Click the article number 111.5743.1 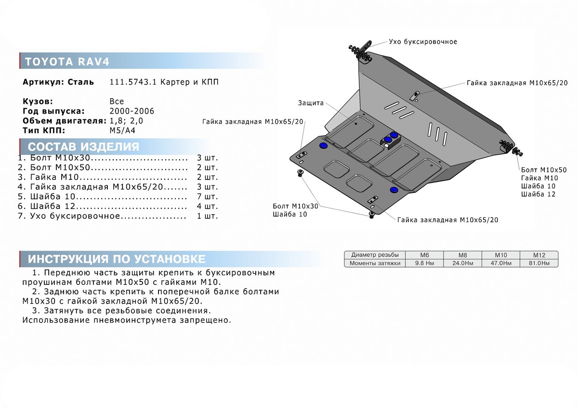click(x=133, y=82)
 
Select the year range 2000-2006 click(x=132, y=111)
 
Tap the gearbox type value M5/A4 click(x=122, y=130)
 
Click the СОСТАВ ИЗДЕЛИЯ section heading click(x=83, y=147)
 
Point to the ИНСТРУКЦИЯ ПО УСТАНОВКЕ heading click(x=117, y=259)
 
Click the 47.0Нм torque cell click(x=501, y=263)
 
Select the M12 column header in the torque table click(x=539, y=255)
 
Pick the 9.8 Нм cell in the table click(x=424, y=263)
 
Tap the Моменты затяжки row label click(x=375, y=263)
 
